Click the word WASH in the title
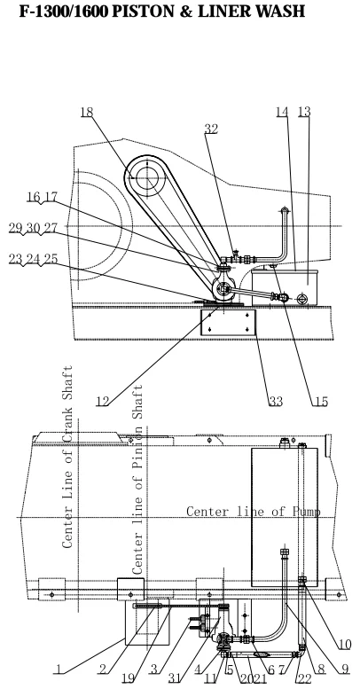point(280,12)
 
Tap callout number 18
point(87,113)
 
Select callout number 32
point(211,129)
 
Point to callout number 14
point(282,112)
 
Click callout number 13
point(304,112)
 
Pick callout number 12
point(102,401)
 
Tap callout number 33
point(276,401)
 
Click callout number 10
point(345,645)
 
